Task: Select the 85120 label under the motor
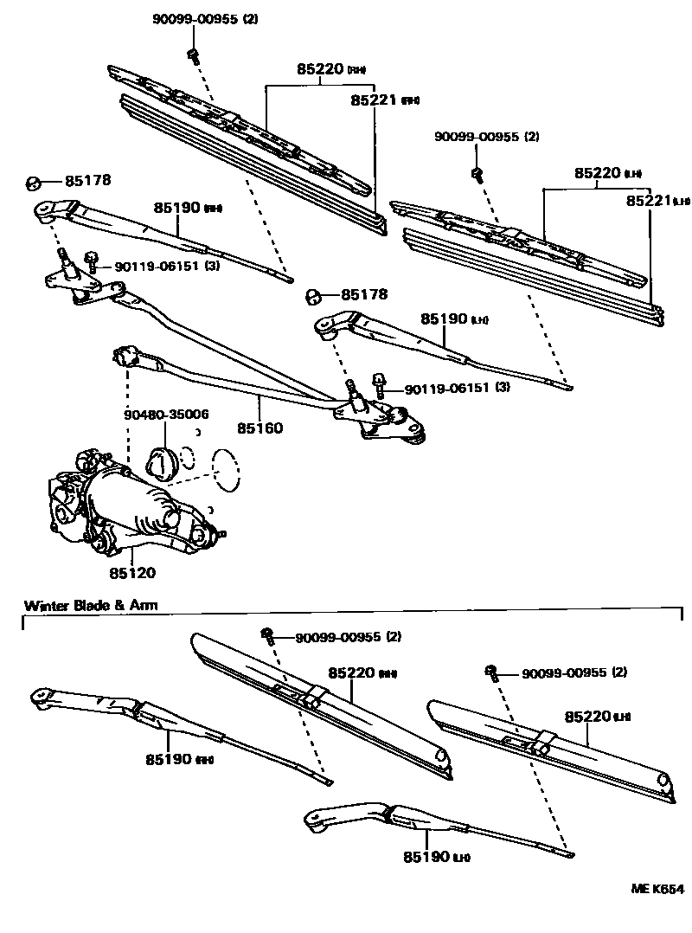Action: [131, 572]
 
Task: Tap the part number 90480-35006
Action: [166, 415]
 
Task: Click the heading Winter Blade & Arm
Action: [91, 605]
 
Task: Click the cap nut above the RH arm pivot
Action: [33, 182]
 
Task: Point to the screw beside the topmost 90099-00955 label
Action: [191, 55]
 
